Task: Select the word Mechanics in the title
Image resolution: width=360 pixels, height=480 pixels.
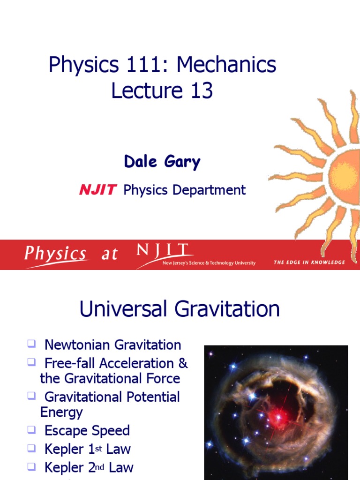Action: [226, 65]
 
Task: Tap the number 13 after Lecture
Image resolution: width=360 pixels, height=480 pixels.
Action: [202, 90]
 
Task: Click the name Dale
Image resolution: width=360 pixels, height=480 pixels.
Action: [140, 162]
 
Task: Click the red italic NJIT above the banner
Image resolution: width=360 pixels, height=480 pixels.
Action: [97, 190]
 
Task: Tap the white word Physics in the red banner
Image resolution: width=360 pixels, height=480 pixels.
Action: [55, 255]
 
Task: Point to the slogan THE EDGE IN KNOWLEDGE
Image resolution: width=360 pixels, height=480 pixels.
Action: [309, 262]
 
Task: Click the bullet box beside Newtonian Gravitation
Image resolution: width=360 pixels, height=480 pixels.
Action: [31, 345]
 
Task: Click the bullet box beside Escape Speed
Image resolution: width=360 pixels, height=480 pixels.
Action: [31, 429]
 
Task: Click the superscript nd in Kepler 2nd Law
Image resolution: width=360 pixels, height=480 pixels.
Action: [99, 465]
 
